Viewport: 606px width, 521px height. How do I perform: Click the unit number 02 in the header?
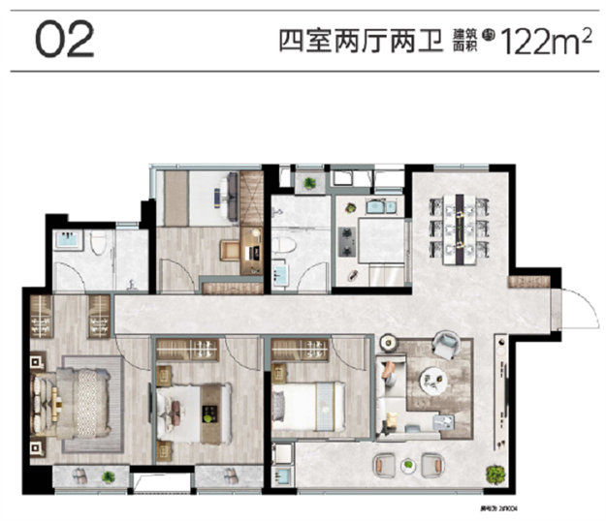point(65,40)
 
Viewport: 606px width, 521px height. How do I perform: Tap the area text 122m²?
point(544,42)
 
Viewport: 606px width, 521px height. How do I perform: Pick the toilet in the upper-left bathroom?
point(97,244)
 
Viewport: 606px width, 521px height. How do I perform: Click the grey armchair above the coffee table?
point(446,344)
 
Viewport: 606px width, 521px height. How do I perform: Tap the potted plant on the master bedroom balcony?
point(108,475)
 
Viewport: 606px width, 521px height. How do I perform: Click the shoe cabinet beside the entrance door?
point(534,282)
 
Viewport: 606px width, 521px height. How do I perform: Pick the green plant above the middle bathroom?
point(309,182)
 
